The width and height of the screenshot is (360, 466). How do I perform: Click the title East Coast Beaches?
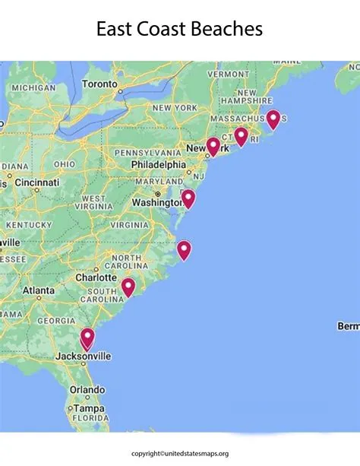point(179,29)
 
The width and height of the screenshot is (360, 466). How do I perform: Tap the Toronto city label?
point(99,83)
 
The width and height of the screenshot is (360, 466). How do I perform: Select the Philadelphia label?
point(157,164)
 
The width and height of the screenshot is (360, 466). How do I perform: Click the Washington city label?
point(156,203)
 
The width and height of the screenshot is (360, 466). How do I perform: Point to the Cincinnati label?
point(36,183)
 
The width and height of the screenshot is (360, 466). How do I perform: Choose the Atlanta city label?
point(38,290)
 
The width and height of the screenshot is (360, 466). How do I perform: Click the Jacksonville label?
point(83,356)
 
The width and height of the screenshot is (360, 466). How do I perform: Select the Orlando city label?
point(87,390)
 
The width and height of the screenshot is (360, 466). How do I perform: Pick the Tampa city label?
point(90,408)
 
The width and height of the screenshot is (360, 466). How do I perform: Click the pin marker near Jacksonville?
point(87,337)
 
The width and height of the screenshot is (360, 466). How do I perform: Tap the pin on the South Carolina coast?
point(128,287)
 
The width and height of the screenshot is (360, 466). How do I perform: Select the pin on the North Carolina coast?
point(184,249)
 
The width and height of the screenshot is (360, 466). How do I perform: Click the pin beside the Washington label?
point(188,198)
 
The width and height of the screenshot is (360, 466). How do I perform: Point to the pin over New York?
point(213,145)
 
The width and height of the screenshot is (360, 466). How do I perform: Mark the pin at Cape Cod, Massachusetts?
point(273,118)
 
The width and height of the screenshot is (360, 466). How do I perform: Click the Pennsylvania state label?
point(148,153)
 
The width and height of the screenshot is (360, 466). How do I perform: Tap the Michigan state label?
point(33,88)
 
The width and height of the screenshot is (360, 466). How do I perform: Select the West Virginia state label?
point(94,203)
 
